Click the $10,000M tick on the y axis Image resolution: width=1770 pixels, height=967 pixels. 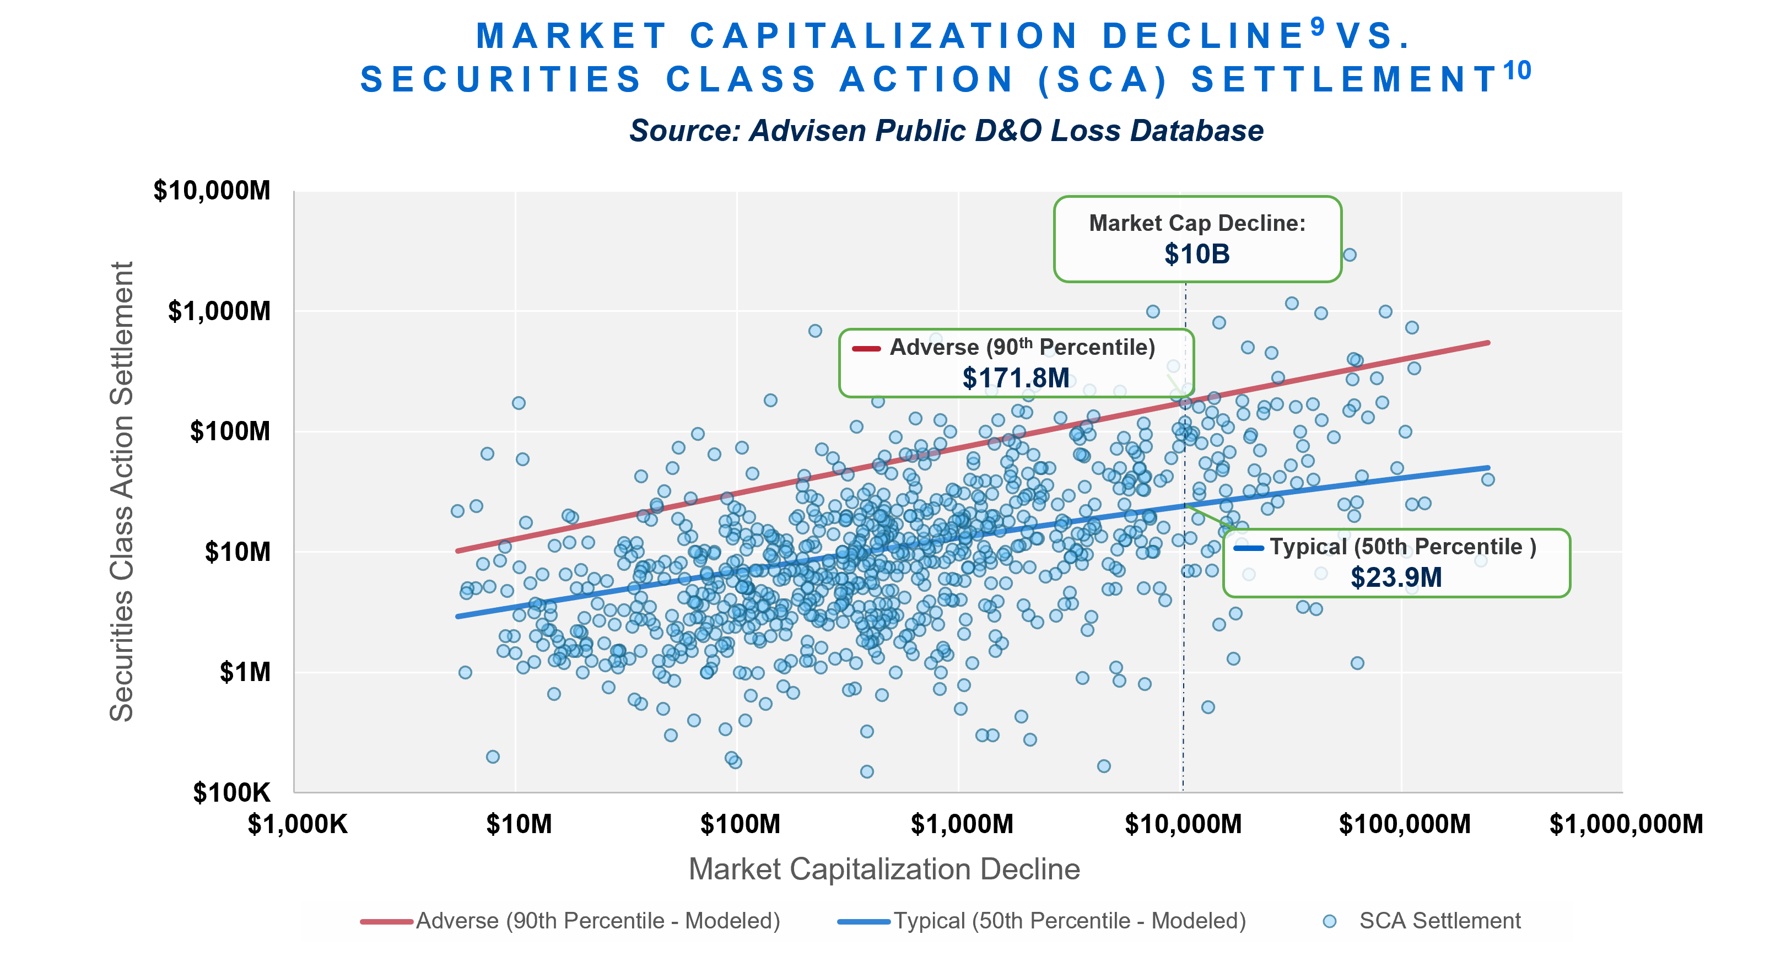[212, 191]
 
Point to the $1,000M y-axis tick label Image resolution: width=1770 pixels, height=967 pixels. [219, 311]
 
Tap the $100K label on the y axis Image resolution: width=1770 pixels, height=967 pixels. [231, 792]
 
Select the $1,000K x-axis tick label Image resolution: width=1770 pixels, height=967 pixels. [298, 823]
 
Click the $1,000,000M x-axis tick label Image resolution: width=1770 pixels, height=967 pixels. [1626, 823]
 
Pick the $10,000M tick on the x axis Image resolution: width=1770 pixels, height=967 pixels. [1183, 823]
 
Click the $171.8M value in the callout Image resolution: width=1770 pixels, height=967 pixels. [1016, 378]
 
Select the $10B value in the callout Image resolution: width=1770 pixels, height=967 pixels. [1197, 255]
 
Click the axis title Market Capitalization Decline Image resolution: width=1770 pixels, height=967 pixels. [884, 869]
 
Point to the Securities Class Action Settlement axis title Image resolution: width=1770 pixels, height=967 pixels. [122, 491]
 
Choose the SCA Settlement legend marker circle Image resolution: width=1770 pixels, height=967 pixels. [1330, 921]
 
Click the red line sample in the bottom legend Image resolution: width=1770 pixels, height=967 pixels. [386, 921]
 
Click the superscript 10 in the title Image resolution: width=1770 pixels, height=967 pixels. [1517, 71]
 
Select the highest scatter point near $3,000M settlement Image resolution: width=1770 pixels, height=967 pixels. [1350, 255]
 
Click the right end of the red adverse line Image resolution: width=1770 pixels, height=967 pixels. [1488, 342]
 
